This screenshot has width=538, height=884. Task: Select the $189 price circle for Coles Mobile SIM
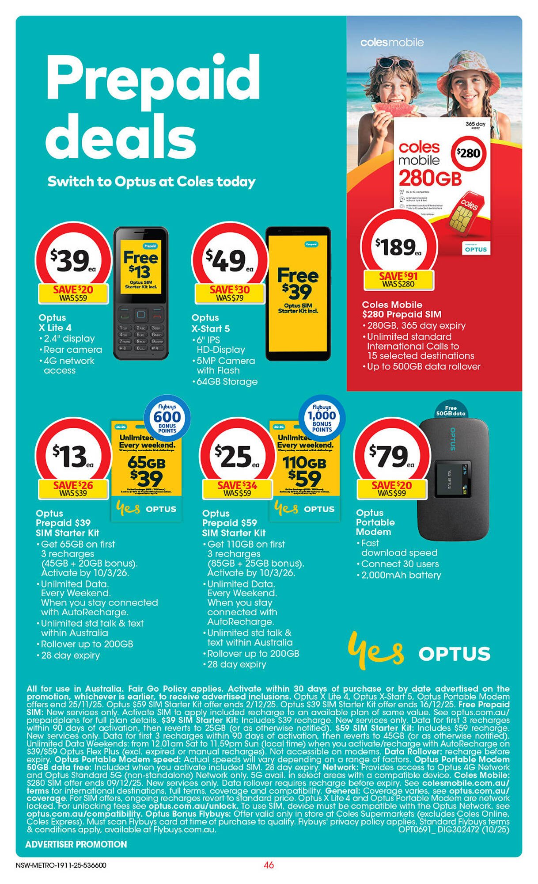pos(398,246)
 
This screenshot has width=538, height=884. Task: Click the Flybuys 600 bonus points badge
pos(167,418)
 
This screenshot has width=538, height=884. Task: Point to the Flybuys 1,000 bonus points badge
pos(322,418)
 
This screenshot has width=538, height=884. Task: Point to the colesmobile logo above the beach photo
pos(392,42)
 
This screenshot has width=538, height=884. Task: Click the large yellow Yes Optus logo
pos(419,653)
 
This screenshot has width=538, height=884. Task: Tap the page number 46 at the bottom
pos(269,865)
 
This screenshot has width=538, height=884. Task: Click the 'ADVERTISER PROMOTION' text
pos(76,844)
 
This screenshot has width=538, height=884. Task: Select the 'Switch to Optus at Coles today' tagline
pos(152,182)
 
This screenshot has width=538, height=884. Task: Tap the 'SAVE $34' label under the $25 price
pos(237,485)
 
